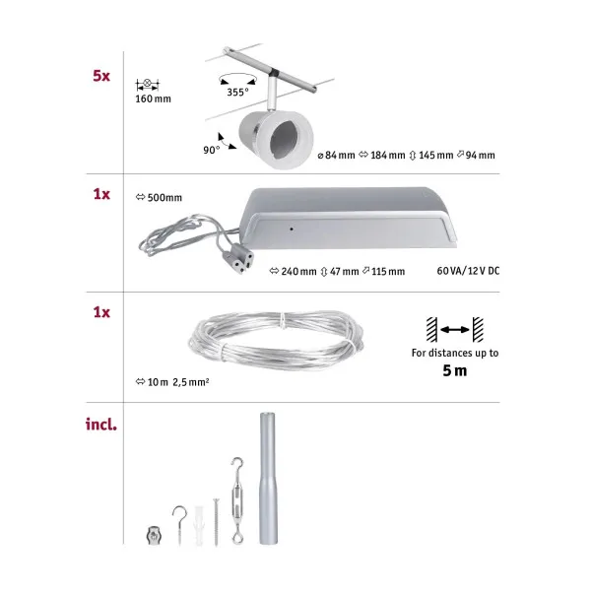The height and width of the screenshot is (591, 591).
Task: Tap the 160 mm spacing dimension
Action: point(153,99)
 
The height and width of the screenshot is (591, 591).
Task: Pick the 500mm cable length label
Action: point(159,197)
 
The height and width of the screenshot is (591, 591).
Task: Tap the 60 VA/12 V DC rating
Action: point(466,271)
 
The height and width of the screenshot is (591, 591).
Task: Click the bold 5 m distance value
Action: point(454,371)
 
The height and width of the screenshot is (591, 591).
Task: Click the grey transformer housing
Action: point(350,218)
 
